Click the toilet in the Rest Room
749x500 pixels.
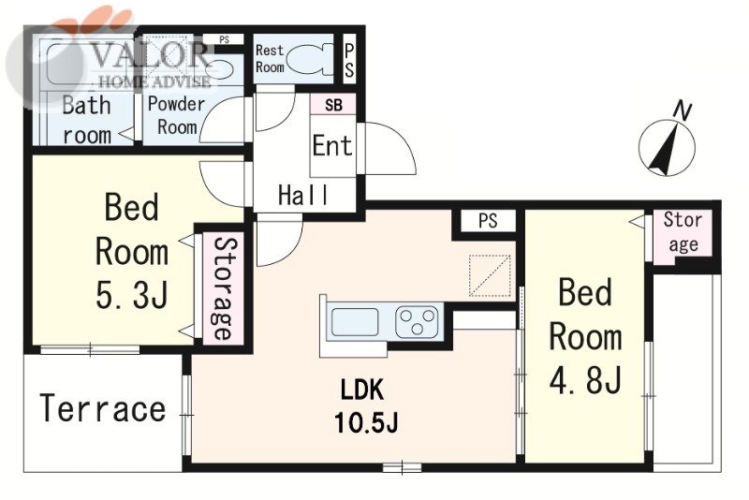point(311,60)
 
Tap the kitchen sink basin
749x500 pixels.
point(355,321)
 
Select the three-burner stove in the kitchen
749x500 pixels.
point(417,322)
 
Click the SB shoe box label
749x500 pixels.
point(333,105)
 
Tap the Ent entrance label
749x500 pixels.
point(332,145)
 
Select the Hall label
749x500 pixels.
point(303,195)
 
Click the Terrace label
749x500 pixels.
point(103,408)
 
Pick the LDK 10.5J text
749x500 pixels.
point(365,405)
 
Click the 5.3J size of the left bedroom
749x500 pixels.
point(132,295)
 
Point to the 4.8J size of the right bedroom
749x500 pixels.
point(585,379)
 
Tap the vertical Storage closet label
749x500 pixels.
point(223,288)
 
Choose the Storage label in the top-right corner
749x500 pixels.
point(683,232)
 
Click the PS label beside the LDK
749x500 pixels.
point(488,221)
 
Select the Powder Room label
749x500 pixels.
point(176,115)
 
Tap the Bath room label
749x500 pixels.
point(87,120)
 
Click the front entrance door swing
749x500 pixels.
point(390,149)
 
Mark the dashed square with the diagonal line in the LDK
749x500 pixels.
point(490,275)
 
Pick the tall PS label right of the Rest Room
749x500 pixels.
point(349,61)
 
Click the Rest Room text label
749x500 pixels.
point(270,59)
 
